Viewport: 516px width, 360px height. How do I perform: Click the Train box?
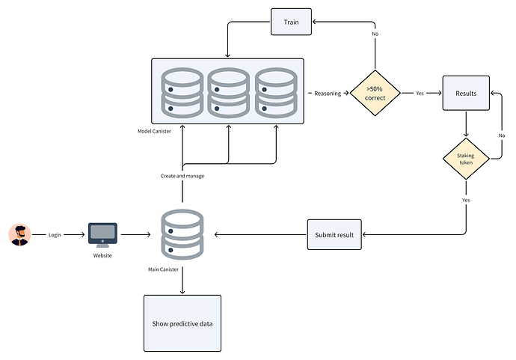[290, 22]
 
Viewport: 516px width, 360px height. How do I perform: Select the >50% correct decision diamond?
[375, 94]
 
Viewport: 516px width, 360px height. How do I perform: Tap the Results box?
[466, 94]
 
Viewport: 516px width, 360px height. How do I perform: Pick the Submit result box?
[334, 234]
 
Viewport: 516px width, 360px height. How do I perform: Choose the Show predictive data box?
[183, 323]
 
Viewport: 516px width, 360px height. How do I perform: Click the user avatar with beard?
[19, 234]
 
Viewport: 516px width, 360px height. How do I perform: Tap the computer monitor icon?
[102, 234]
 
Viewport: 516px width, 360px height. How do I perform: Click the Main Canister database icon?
[182, 234]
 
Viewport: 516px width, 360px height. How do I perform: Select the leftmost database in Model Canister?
[182, 93]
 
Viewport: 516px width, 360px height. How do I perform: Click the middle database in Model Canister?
[228, 93]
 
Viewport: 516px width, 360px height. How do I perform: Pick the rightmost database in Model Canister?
[276, 93]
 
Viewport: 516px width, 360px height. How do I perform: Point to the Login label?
[55, 235]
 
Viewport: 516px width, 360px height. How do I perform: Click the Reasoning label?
[328, 94]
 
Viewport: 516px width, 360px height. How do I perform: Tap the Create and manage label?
[182, 176]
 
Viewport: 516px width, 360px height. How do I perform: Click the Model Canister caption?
[156, 132]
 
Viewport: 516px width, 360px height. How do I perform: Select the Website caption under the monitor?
[102, 256]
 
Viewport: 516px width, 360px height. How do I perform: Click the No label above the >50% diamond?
[375, 34]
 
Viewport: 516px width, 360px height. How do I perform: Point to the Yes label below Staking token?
[466, 201]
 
